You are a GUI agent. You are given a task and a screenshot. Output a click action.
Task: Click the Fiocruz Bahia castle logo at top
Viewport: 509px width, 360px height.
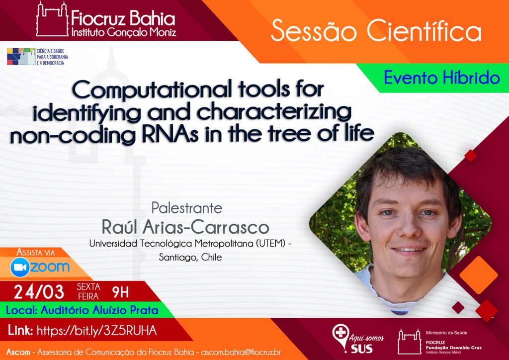click(x=52, y=19)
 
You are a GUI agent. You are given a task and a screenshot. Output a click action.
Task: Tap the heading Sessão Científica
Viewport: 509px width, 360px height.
click(x=376, y=31)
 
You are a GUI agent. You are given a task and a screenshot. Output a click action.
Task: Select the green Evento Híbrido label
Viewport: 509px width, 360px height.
click(x=442, y=78)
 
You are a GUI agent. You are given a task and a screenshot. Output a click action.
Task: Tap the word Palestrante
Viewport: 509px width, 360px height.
click(x=187, y=208)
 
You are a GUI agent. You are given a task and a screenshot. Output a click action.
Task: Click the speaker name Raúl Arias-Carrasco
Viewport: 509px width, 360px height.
click(x=185, y=227)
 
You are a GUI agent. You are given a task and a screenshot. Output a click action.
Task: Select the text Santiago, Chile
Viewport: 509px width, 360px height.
click(x=190, y=258)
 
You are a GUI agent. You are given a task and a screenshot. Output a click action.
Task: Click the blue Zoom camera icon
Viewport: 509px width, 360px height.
click(x=20, y=267)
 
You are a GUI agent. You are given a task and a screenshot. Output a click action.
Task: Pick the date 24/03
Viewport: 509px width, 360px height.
click(x=39, y=292)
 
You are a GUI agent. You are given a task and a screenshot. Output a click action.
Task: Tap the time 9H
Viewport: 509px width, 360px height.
click(x=120, y=292)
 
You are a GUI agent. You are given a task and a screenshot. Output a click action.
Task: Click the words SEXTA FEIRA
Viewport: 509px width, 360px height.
click(x=88, y=291)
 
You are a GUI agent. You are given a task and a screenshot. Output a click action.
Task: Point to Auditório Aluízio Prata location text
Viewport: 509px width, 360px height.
click(x=99, y=310)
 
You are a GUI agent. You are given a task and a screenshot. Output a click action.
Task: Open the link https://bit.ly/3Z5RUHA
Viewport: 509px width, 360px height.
click(x=97, y=331)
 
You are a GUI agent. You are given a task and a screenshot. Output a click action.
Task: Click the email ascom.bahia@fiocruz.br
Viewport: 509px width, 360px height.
click(x=241, y=352)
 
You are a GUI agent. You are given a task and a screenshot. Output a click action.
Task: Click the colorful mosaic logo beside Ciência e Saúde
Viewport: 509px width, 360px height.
click(x=21, y=57)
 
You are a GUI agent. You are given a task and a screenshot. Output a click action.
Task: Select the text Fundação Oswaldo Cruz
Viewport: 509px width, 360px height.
click(x=454, y=348)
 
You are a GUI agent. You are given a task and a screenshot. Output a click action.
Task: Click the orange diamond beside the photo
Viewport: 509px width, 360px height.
click(x=479, y=275)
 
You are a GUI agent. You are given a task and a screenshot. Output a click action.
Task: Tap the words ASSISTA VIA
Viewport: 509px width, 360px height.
click(x=36, y=253)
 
